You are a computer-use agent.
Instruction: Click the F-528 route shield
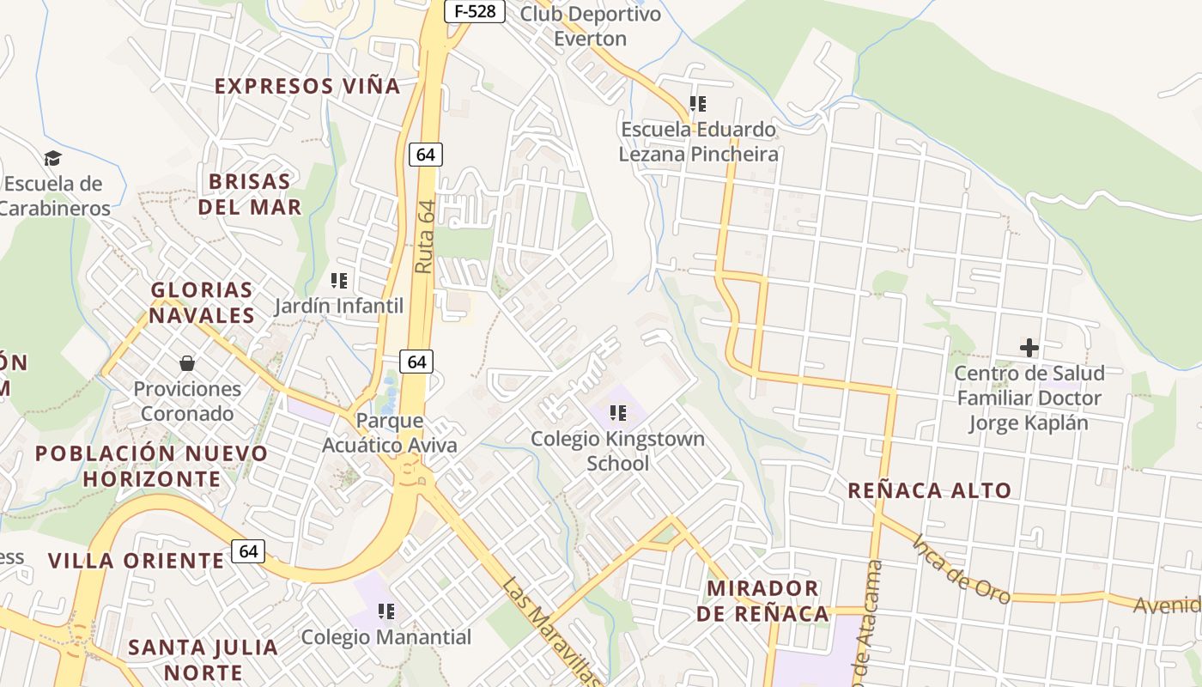click(474, 11)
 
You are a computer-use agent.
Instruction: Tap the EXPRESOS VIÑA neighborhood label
click(307, 86)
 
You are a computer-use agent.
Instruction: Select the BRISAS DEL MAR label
click(250, 194)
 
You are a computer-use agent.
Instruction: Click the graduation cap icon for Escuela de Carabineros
click(53, 158)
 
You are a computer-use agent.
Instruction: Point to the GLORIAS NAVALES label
click(203, 302)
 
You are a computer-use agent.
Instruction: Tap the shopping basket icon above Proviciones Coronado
click(187, 363)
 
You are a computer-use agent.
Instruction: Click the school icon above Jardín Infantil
click(339, 280)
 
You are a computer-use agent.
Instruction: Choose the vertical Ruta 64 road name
click(424, 237)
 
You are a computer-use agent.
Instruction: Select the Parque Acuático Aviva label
click(389, 433)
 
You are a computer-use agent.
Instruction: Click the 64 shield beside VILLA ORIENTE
click(248, 551)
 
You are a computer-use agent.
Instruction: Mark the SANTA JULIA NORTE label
click(203, 659)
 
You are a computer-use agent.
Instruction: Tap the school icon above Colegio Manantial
click(386, 611)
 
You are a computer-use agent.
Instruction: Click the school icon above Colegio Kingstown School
click(617, 413)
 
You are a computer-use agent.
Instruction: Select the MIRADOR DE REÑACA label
click(762, 601)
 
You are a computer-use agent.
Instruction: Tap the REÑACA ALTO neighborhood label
click(930, 490)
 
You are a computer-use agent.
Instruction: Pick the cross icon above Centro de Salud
click(1029, 348)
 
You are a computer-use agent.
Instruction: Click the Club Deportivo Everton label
click(591, 26)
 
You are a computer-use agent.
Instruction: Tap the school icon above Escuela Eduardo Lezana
click(698, 104)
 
